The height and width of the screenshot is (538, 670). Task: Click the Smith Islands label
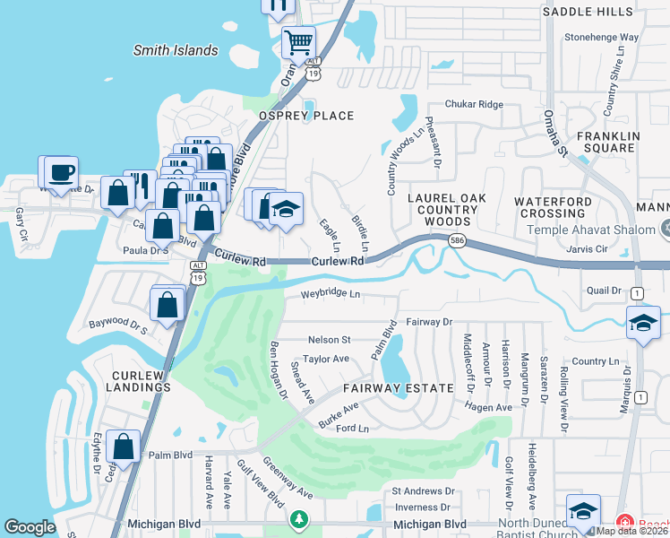click(176, 51)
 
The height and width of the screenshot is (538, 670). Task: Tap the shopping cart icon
click(298, 41)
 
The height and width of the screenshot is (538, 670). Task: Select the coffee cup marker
click(61, 172)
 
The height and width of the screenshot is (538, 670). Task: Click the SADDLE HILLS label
click(588, 11)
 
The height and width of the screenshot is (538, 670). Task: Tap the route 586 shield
click(457, 241)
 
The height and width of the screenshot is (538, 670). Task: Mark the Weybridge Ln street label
click(330, 294)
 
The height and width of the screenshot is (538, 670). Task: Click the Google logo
click(30, 527)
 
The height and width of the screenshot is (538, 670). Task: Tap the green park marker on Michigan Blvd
click(298, 519)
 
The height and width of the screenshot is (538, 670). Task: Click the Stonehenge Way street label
click(601, 39)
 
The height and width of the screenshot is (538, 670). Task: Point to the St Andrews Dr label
click(424, 491)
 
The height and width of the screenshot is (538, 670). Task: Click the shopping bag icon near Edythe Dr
click(123, 446)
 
